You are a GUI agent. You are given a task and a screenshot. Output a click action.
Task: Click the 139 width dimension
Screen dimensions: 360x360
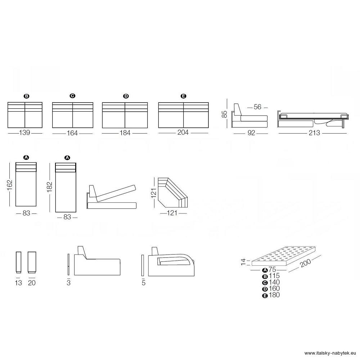(x=24, y=133)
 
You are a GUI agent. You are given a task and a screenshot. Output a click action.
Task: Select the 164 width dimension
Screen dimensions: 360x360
(x=72, y=133)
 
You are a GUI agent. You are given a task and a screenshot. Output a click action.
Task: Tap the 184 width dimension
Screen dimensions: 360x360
(x=125, y=133)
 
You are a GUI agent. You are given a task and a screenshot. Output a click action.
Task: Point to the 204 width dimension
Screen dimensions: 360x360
(x=183, y=132)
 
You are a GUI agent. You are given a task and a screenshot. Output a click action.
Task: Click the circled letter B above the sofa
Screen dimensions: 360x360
(x=27, y=96)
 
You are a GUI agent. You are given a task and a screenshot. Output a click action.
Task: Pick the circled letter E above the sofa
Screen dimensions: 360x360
(x=183, y=96)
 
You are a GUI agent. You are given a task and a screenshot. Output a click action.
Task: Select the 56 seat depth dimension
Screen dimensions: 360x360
(x=257, y=107)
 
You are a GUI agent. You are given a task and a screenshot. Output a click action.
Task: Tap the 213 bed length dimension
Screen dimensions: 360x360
(x=314, y=133)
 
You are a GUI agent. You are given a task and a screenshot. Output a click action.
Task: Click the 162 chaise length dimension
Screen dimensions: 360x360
(x=10, y=185)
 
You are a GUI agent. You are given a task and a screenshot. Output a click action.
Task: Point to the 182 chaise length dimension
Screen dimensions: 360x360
(x=50, y=187)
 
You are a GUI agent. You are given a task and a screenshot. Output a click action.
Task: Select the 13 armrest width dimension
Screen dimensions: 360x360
(x=18, y=283)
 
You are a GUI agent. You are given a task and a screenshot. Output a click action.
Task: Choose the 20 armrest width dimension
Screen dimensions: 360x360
(x=32, y=283)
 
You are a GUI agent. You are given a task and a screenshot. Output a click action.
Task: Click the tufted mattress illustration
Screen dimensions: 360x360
(x=284, y=256)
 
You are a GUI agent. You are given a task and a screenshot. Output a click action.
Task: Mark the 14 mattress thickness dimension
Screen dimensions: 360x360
(x=243, y=262)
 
